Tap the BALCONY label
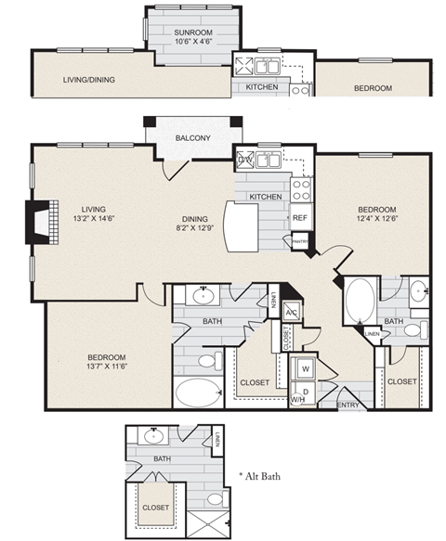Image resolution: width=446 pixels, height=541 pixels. [193, 138]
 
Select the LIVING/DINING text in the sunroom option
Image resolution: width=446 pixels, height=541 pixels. [89, 80]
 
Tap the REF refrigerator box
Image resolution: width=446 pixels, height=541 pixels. [299, 218]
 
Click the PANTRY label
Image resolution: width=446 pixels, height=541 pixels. [299, 241]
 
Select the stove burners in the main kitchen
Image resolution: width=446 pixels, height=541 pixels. [301, 189]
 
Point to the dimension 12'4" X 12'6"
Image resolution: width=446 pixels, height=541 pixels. [377, 220]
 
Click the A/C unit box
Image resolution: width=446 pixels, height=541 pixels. [291, 313]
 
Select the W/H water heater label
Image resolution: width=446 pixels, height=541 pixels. [300, 399]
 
